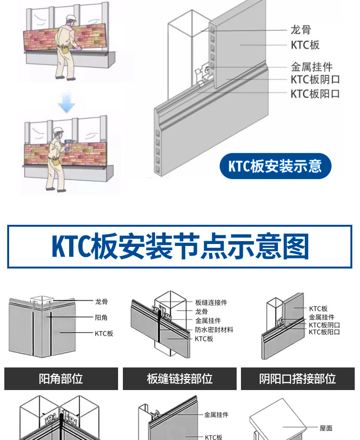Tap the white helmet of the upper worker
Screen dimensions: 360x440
71,18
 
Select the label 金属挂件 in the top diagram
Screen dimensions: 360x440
312,67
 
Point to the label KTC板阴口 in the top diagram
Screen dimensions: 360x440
315,80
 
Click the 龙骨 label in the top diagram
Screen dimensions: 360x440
300,30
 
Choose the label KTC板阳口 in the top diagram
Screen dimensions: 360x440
315,93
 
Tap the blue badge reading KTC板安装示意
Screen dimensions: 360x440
275,166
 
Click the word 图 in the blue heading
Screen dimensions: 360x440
296,246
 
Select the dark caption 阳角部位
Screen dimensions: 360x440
61,379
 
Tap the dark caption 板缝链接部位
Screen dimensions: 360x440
180,379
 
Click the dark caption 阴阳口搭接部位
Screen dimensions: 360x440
298,379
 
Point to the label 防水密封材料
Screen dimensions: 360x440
214,330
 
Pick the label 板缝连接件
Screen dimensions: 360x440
211,303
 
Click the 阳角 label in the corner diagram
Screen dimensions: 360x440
101,317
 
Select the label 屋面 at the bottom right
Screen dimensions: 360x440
326,428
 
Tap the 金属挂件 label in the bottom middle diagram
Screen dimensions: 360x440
216,415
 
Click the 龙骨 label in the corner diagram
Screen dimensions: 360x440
101,302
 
